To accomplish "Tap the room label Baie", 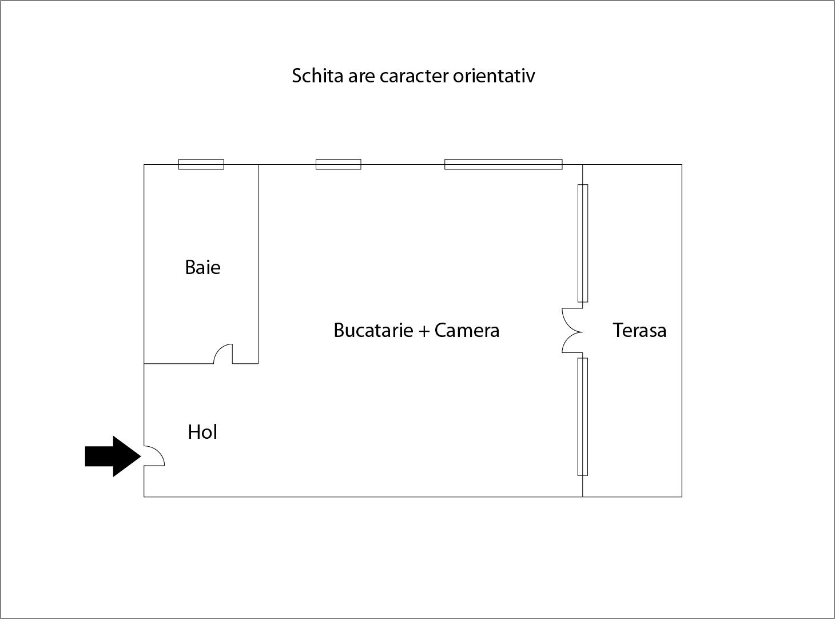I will click(202, 267).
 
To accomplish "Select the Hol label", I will click(202, 432).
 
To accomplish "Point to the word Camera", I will click(467, 330).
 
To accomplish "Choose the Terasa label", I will click(639, 330).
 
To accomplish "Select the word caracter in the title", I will click(414, 76).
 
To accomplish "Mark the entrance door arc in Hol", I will click(154, 455).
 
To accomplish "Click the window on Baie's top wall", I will click(201, 165).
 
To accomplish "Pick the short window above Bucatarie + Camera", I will click(339, 165).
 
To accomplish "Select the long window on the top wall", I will click(503, 165).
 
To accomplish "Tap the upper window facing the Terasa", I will click(583, 243).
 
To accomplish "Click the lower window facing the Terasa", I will click(583, 416).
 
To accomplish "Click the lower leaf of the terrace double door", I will click(571, 343).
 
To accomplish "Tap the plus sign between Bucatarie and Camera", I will click(424, 331).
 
